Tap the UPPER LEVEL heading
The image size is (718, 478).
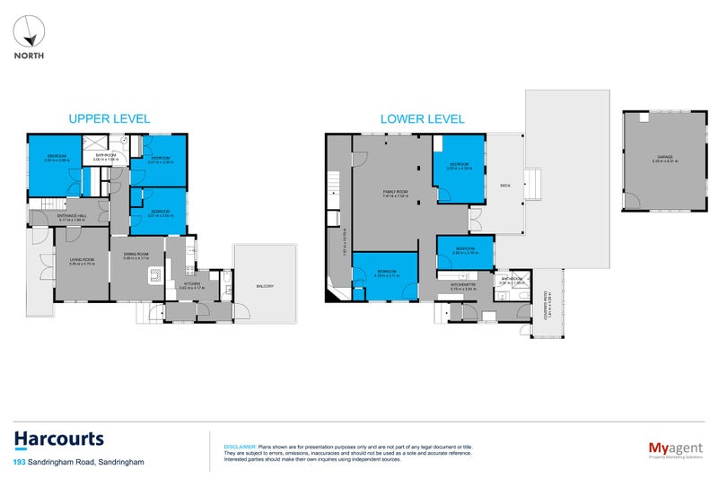[x=109, y=118]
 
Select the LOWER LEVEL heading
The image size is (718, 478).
[x=422, y=118]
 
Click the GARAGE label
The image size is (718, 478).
[x=663, y=157]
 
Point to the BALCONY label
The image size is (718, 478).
[x=265, y=286]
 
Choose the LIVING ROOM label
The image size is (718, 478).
[x=82, y=260]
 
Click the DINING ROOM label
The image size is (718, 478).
[x=136, y=254]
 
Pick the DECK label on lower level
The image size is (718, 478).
[x=504, y=186]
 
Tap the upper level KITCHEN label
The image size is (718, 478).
[x=192, y=283]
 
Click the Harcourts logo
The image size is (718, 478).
[x=58, y=439]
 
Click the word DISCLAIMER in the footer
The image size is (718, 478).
[x=240, y=446]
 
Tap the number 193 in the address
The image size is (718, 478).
[x=19, y=462]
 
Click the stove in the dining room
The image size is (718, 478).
[x=155, y=276]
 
